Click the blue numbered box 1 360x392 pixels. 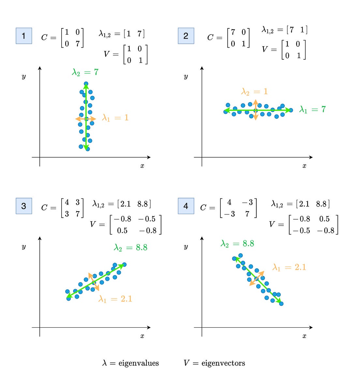[24, 36]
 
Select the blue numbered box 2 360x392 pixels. [186, 36]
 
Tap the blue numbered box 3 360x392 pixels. [24, 206]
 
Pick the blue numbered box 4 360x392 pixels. [186, 206]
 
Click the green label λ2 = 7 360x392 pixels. [85, 72]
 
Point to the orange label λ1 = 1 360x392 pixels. [115, 118]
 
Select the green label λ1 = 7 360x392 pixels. [312, 110]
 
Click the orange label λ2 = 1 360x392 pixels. [254, 92]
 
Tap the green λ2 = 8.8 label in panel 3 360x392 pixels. [130, 248]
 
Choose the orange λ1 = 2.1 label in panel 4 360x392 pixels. [289, 268]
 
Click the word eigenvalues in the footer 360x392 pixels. [139, 363]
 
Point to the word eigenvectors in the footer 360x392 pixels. [223, 363]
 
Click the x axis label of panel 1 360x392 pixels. [142, 166]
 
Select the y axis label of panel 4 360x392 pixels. [186, 246]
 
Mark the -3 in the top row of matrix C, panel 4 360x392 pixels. [247, 203]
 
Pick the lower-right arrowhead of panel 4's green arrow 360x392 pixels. [279, 302]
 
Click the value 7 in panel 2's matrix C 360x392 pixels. [233, 32]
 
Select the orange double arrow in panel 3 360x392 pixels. [94, 282]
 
